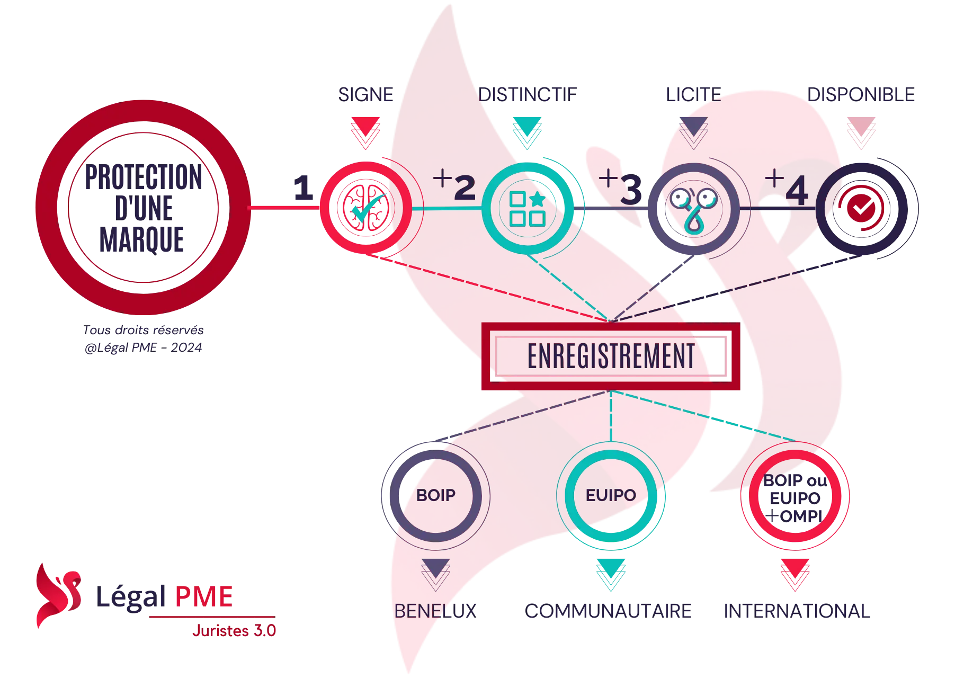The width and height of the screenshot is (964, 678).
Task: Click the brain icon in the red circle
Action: pyautogui.click(x=366, y=208)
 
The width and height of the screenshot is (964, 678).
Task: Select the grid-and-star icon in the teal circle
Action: pyautogui.click(x=528, y=209)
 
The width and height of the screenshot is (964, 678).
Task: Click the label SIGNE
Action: pyautogui.click(x=366, y=95)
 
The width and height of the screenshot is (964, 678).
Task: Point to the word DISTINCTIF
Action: pyautogui.click(x=528, y=95)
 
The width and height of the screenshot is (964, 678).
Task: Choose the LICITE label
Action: pyautogui.click(x=694, y=95)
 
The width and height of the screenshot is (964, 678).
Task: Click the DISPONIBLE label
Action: pyautogui.click(x=861, y=95)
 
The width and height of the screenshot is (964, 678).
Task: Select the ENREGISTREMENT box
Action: pyautogui.click(x=611, y=356)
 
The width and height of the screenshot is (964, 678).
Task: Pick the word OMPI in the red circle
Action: pyautogui.click(x=801, y=516)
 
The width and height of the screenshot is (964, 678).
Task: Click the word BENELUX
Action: pyautogui.click(x=435, y=611)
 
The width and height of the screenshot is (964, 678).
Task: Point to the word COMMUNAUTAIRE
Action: pyautogui.click(x=608, y=611)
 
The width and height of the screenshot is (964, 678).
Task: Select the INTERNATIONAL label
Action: pyautogui.click(x=797, y=611)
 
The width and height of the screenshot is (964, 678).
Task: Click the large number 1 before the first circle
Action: pyautogui.click(x=304, y=188)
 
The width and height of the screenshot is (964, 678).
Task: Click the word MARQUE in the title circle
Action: pyautogui.click(x=142, y=239)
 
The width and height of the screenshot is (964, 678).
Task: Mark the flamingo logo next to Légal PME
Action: pyautogui.click(x=58, y=595)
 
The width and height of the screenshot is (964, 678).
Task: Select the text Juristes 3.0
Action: pyautogui.click(x=234, y=631)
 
